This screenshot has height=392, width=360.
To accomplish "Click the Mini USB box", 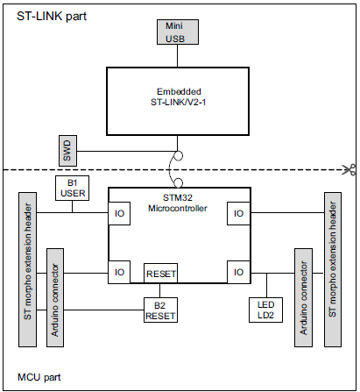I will [x=176, y=32].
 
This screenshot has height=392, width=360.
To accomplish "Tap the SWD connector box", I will [x=68, y=150].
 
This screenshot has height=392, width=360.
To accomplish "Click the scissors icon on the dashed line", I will [x=349, y=169].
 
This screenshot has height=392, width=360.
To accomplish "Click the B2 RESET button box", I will [x=160, y=310].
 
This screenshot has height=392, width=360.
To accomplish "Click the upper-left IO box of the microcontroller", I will [x=120, y=211].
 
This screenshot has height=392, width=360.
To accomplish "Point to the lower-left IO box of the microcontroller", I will [x=120, y=272].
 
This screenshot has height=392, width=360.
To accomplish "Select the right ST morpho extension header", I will [x=332, y=268].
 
